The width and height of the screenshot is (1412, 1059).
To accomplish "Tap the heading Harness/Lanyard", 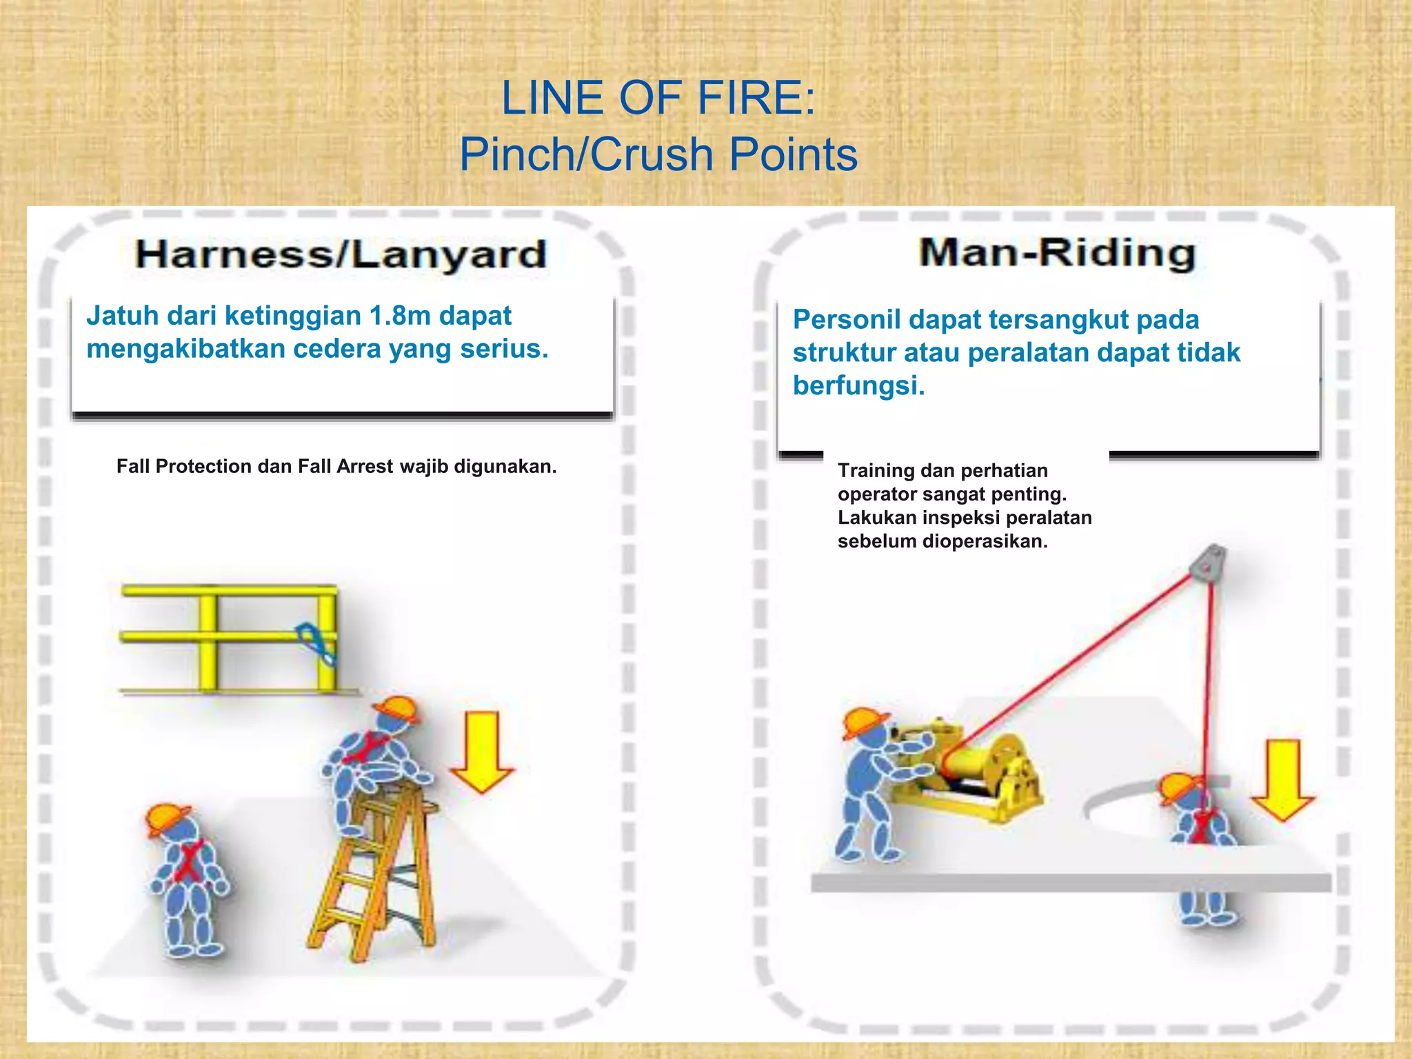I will click(341, 254).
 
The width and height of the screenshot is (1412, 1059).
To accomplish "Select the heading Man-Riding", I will click(1057, 252).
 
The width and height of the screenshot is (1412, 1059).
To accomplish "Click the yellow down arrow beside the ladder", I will click(482, 752).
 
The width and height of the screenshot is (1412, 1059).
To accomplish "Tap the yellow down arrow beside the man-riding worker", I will click(1283, 780).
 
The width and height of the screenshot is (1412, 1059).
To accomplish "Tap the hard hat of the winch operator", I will click(865, 723).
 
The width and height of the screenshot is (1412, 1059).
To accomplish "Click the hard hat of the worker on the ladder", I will click(396, 709).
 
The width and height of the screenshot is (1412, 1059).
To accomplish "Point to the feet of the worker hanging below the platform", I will click(1207, 917).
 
